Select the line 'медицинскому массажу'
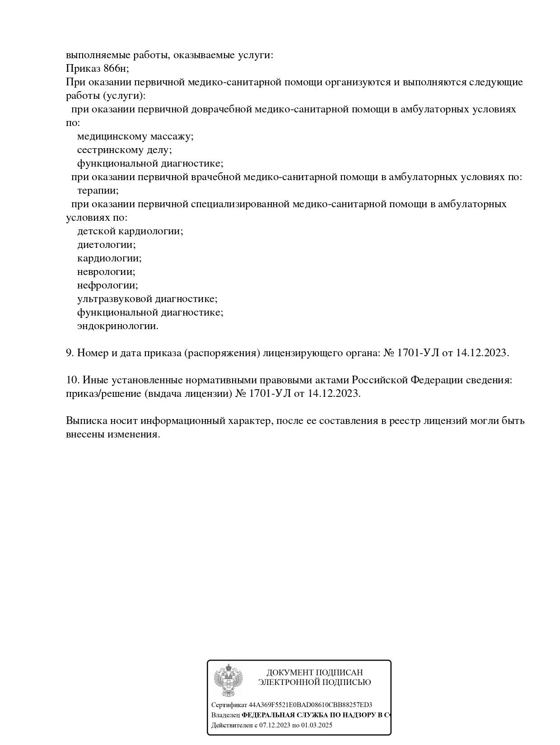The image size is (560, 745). click(x=135, y=136)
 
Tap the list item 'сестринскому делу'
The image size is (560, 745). click(x=124, y=150)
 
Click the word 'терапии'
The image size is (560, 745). click(x=98, y=191)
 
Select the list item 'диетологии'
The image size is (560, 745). click(x=106, y=245)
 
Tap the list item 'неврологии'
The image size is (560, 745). click(x=106, y=272)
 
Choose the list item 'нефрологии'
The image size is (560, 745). click(x=107, y=285)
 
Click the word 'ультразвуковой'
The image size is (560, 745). click(x=115, y=299)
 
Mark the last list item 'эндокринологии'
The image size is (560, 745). click(x=117, y=326)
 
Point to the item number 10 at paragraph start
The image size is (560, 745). click(x=72, y=380)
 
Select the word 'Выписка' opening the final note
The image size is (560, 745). click(x=86, y=421)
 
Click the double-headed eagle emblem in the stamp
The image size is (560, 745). click(x=228, y=680)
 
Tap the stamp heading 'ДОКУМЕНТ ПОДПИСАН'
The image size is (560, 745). click(x=314, y=673)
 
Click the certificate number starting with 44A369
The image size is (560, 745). click(x=310, y=705)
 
